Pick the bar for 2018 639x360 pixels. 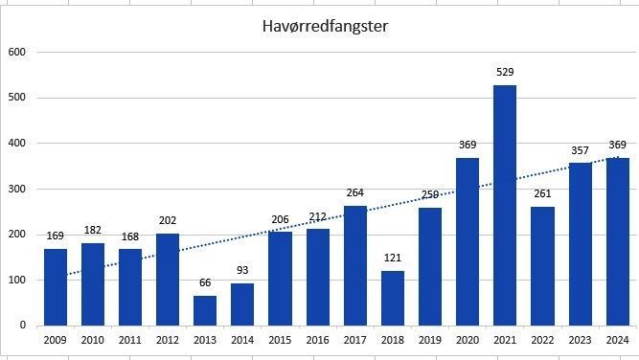coord(393,298)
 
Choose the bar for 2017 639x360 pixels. coord(355,265)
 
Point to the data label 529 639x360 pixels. coord(506,72)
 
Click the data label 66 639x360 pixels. coord(205,283)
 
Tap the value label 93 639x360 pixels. coord(242,271)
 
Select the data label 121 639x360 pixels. coord(393,259)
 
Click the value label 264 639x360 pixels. coord(355,192)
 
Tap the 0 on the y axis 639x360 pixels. coord(23,326)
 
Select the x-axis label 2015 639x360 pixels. coord(280,339)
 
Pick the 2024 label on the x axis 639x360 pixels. coord(618,339)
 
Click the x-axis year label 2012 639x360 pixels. coord(168,339)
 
